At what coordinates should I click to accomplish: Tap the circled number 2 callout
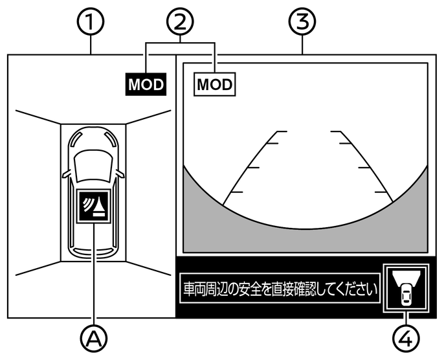click(x=181, y=22)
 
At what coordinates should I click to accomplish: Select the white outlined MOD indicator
click(x=215, y=84)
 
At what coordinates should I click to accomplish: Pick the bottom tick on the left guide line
click(x=236, y=192)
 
